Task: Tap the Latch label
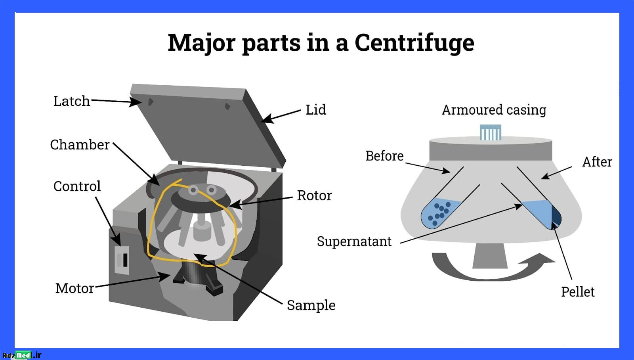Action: tap(72, 101)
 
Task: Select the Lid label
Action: tap(316, 109)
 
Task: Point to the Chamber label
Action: tap(80, 144)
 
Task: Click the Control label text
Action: tap(77, 186)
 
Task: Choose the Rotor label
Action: tap(315, 195)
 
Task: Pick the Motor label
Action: tap(75, 288)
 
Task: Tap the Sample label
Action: tap(311, 306)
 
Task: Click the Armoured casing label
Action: tap(494, 110)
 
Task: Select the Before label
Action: tap(384, 156)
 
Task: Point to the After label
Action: tap(597, 162)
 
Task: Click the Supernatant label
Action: tap(354, 241)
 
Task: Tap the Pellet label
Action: tap(578, 292)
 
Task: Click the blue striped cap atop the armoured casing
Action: tap(491, 132)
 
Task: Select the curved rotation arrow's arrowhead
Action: tap(538, 260)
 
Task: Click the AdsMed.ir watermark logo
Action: tap(22, 355)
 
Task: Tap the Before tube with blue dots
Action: tap(440, 213)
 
